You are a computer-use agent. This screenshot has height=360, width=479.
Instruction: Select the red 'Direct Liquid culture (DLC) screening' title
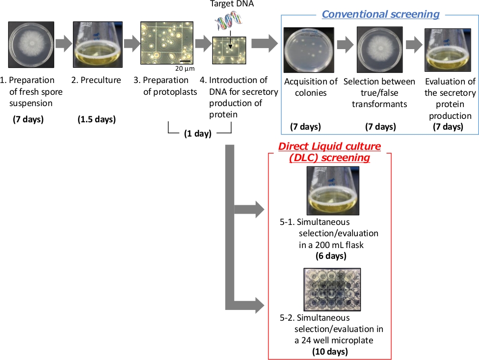330,152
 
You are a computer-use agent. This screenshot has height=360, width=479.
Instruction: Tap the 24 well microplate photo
332,289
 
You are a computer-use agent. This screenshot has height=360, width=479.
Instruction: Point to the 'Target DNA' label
228,4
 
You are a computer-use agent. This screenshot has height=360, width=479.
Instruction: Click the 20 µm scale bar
185,61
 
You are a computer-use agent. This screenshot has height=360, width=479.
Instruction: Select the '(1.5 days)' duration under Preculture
97,119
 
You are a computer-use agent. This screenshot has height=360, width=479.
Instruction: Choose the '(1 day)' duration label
198,134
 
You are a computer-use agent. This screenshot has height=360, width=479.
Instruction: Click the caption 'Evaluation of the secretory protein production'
450,99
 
